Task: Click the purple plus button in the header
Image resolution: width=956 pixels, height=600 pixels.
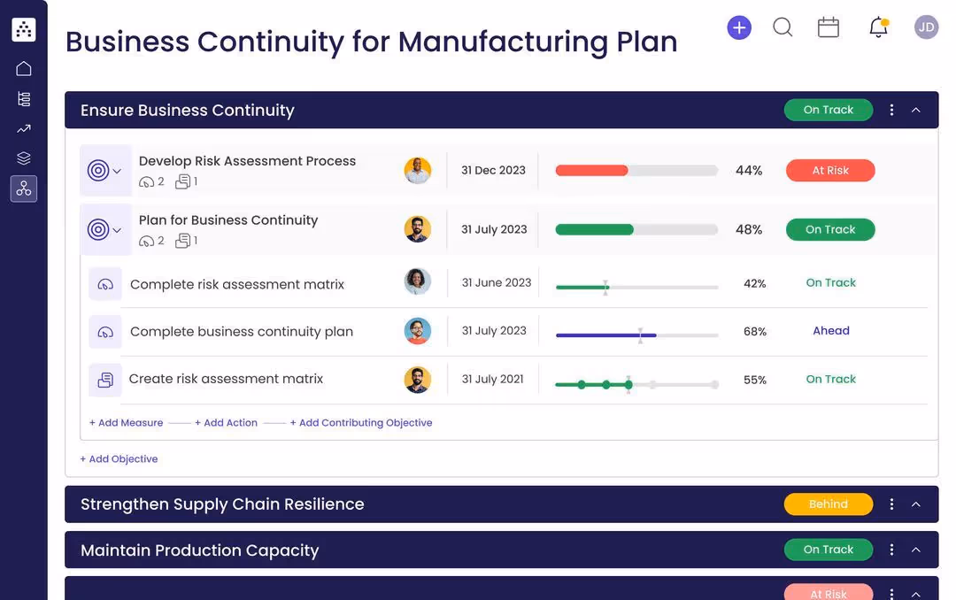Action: coord(739,27)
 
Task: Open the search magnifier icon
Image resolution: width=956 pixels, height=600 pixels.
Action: coord(783,27)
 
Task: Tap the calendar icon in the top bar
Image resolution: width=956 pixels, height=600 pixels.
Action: coord(829,27)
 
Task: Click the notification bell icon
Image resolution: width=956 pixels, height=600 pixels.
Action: coord(878,27)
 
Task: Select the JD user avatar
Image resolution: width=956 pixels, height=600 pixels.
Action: coord(926,27)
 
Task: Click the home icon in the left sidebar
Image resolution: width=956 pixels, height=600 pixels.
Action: coord(24,68)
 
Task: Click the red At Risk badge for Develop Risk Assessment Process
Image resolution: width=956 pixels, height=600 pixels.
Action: coord(830,171)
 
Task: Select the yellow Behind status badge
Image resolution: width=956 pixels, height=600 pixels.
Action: coord(829,504)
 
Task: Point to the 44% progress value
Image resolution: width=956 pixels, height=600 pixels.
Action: coord(749,171)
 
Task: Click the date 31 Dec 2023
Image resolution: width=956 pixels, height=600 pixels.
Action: coord(493,170)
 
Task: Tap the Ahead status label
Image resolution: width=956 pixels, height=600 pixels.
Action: coord(831,331)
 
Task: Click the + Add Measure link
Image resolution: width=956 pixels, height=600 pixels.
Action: coord(127,423)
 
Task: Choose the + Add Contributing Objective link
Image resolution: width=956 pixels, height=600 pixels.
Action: coord(361,423)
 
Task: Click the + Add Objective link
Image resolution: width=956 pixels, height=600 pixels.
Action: coord(119,459)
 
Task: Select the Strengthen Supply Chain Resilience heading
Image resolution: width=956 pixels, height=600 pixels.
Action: coord(222,504)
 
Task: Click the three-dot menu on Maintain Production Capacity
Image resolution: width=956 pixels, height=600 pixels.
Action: coord(891,550)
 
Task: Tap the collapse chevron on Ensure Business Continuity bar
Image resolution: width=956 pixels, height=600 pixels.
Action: coord(916,111)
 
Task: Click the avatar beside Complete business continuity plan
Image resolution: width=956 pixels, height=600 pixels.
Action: coord(418,331)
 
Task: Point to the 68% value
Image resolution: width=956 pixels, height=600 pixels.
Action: coord(755,332)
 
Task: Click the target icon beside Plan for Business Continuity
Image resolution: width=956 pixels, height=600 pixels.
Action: coord(98,230)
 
